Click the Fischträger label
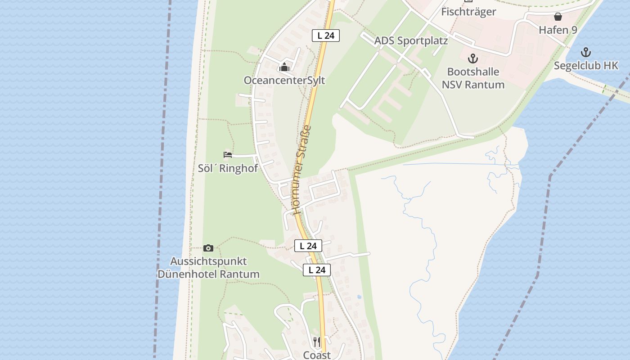(468, 12)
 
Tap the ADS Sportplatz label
(411, 41)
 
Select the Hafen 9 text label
(558, 30)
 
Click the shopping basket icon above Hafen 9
(558, 17)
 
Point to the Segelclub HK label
(586, 66)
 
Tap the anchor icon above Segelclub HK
(586, 52)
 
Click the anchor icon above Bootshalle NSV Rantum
(472, 58)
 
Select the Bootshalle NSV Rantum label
(473, 78)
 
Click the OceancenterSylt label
(284, 81)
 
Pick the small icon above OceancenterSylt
(284, 68)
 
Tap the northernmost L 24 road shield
(326, 36)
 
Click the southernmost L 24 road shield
(317, 270)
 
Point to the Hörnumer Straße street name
(302, 170)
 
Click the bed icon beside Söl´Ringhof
(228, 155)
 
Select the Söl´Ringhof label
(228, 168)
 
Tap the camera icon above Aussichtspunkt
(208, 248)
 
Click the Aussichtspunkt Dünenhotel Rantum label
(208, 268)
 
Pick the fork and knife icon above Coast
(317, 342)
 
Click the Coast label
(317, 355)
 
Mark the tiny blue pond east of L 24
(359, 297)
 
